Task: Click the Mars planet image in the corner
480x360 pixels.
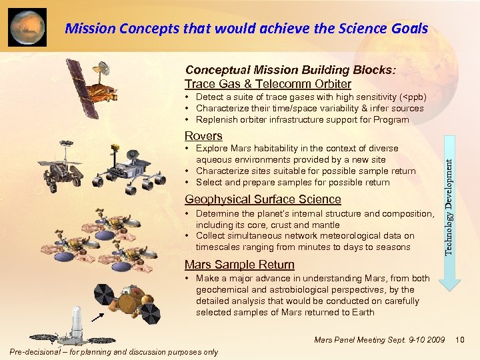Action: [27, 27]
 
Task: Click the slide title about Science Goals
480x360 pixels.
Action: [247, 28]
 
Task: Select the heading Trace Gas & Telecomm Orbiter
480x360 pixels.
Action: [267, 84]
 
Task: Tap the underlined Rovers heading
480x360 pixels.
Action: [203, 136]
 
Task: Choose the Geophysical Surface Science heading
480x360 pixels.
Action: [263, 199]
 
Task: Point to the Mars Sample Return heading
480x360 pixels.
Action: [239, 264]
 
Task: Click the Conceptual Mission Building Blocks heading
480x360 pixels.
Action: [290, 70]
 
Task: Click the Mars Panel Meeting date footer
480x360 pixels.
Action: [379, 341]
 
